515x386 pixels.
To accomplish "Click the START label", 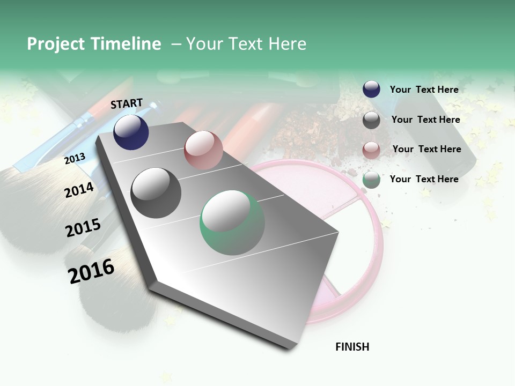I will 127,103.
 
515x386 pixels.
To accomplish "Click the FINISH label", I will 352,347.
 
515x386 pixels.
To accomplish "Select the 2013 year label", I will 75,158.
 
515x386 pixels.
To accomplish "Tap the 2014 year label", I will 79,190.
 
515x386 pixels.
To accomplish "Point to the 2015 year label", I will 83,228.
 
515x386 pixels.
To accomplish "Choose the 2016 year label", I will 91,271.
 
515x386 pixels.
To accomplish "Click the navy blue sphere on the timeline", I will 131,132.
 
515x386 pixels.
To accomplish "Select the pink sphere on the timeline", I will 203,150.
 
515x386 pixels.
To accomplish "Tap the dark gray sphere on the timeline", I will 156,193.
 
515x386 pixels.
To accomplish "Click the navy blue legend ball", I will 371,90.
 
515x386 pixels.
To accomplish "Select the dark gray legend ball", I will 371,120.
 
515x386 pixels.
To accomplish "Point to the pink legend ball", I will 371,150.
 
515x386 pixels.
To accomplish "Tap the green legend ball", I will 371,180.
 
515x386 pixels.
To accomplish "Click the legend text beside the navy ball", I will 424,90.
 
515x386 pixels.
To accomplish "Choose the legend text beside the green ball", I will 424,179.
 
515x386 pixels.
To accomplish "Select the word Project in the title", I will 56,44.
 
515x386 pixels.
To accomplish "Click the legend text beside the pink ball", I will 426,149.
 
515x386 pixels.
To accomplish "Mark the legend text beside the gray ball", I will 425,120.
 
